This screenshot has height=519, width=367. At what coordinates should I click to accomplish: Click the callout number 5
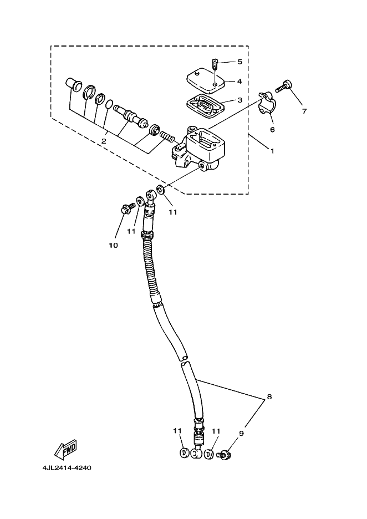(x=239, y=62)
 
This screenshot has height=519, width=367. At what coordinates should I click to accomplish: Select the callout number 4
(x=239, y=81)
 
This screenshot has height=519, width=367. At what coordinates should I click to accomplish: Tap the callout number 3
(x=239, y=100)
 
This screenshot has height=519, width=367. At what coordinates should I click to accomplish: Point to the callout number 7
(x=304, y=111)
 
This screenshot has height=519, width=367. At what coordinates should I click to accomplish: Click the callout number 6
(x=272, y=129)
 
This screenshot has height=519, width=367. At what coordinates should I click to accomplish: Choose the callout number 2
(x=104, y=141)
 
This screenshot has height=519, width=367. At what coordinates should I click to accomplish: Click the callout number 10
(x=113, y=245)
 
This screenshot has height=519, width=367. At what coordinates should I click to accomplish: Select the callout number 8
(x=269, y=397)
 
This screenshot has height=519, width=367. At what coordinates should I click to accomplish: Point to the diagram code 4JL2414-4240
(x=67, y=467)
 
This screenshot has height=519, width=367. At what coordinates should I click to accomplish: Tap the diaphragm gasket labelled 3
(x=204, y=105)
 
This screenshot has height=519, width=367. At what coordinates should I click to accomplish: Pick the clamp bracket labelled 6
(x=266, y=105)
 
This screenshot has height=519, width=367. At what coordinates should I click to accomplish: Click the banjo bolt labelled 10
(x=126, y=210)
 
